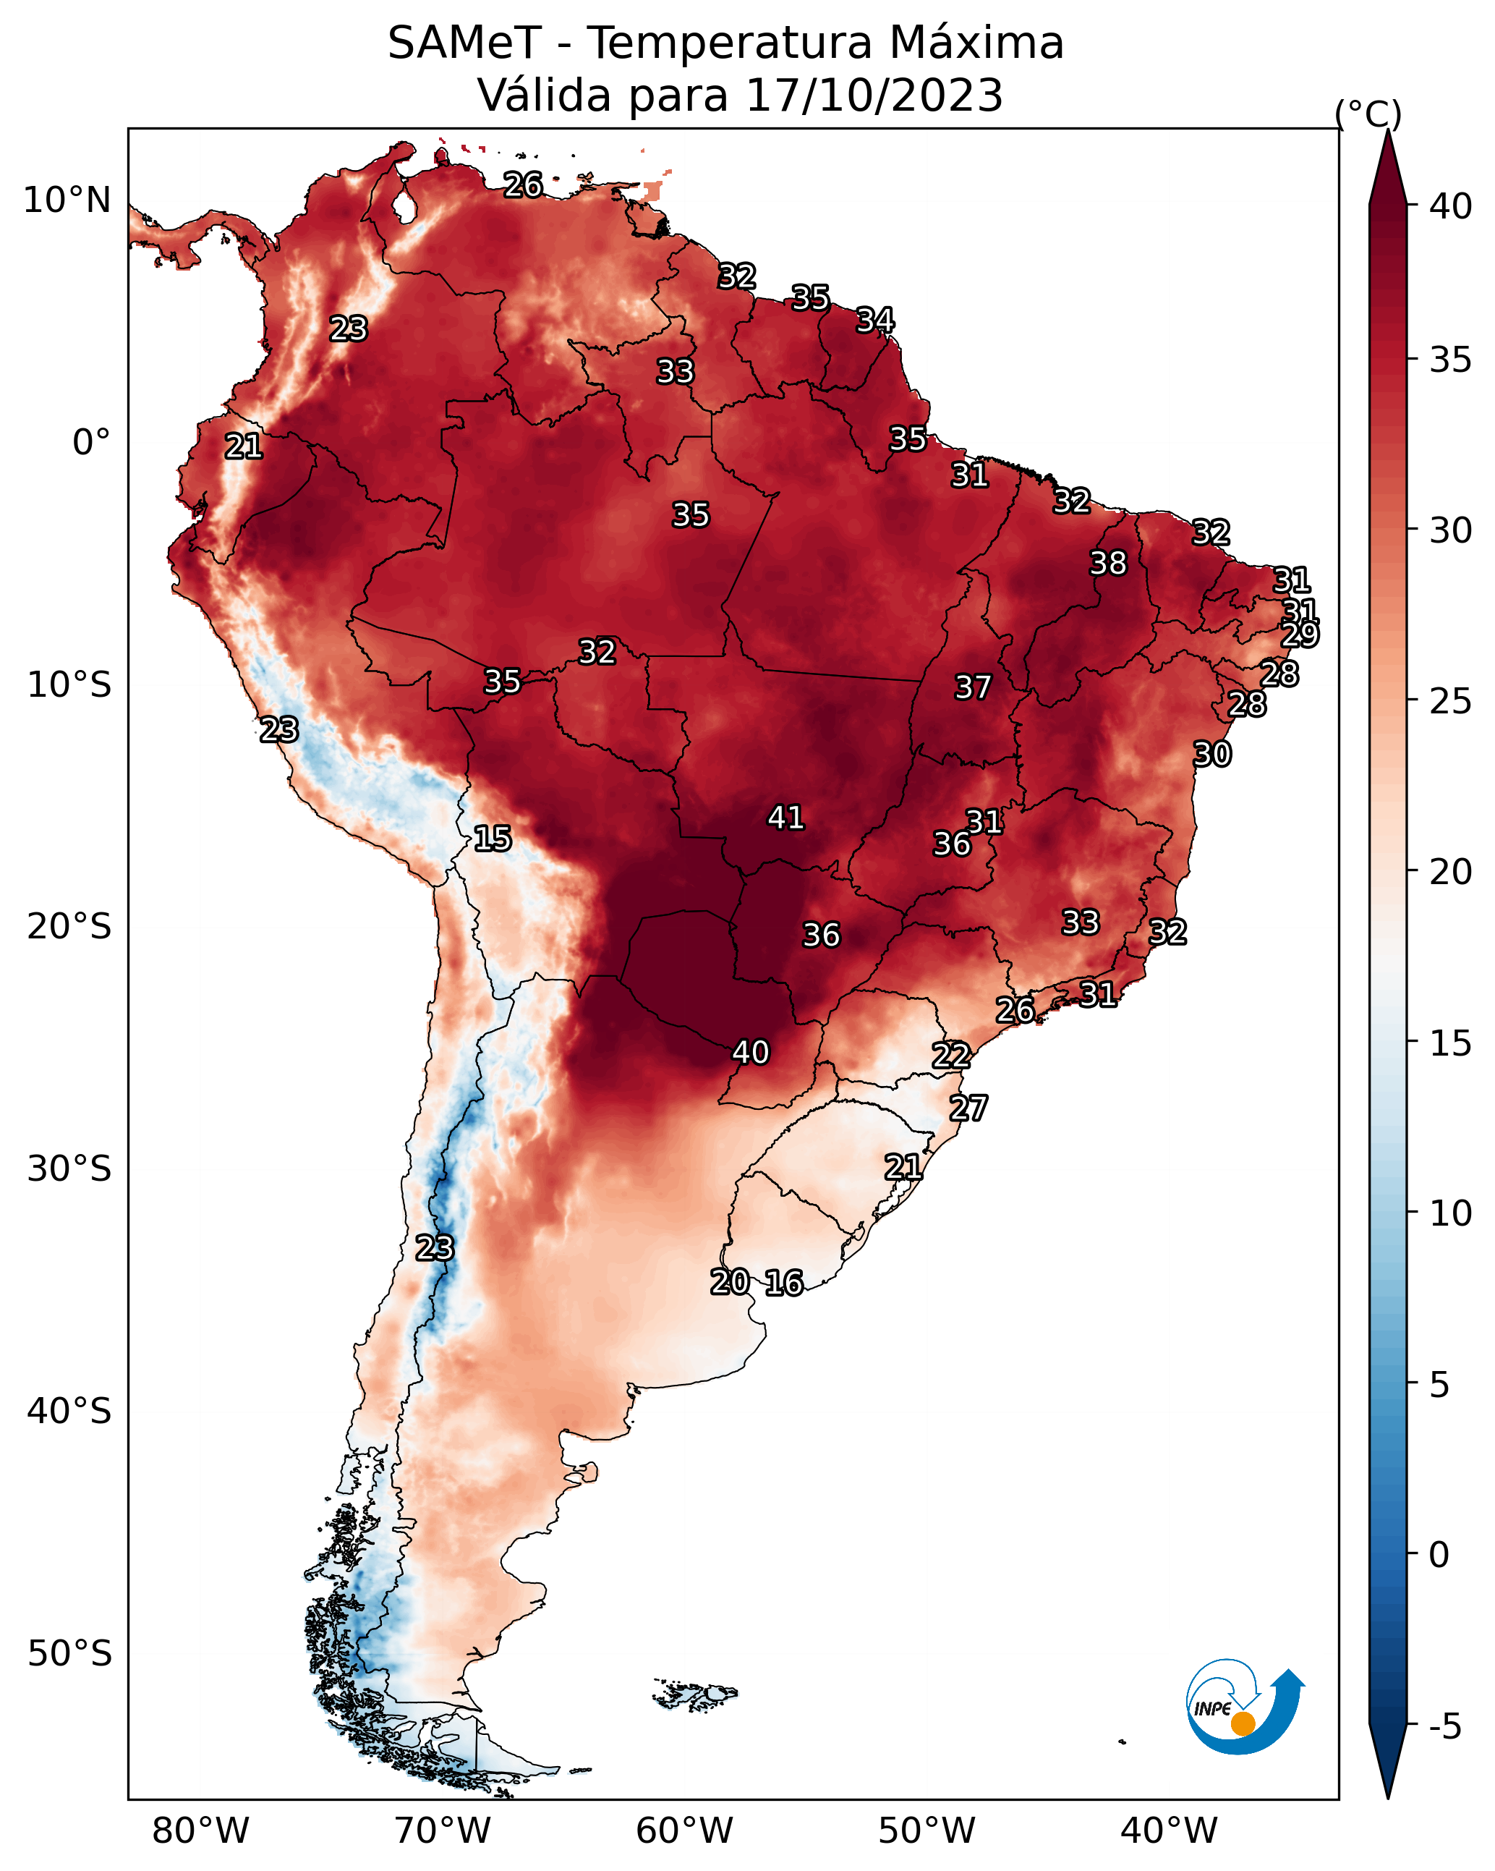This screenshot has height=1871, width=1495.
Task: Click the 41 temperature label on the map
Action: pos(785,818)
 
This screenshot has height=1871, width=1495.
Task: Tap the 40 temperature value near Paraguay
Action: pos(751,1052)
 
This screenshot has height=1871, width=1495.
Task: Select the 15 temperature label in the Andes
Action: pos(492,839)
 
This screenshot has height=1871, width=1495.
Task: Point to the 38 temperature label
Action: pos(1108,563)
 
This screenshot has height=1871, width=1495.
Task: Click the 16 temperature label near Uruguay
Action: pos(783,1283)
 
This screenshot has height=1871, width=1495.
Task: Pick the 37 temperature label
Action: pos(973,687)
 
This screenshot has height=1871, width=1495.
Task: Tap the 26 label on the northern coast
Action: pos(523,184)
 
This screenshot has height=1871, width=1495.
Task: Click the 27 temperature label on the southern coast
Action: pos(968,1108)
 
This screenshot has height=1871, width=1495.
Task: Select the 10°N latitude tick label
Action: pos(67,200)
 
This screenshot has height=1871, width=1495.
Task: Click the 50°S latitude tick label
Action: pos(69,1654)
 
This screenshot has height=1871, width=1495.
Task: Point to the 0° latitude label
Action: pos(92,443)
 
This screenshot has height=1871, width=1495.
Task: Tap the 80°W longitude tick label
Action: pos(200,1831)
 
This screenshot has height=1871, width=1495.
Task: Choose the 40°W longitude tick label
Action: pos(1169,1831)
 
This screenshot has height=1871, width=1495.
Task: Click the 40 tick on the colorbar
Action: pos(1451,206)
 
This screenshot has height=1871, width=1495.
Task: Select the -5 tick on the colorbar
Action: pos(1446,1727)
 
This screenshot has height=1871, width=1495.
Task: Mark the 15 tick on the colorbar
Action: pos(1451,1043)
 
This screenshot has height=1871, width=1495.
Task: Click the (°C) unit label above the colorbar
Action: pos(1368,114)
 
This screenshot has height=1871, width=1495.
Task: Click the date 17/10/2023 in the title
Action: pos(874,95)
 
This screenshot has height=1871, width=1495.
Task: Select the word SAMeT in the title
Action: pos(464,43)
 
